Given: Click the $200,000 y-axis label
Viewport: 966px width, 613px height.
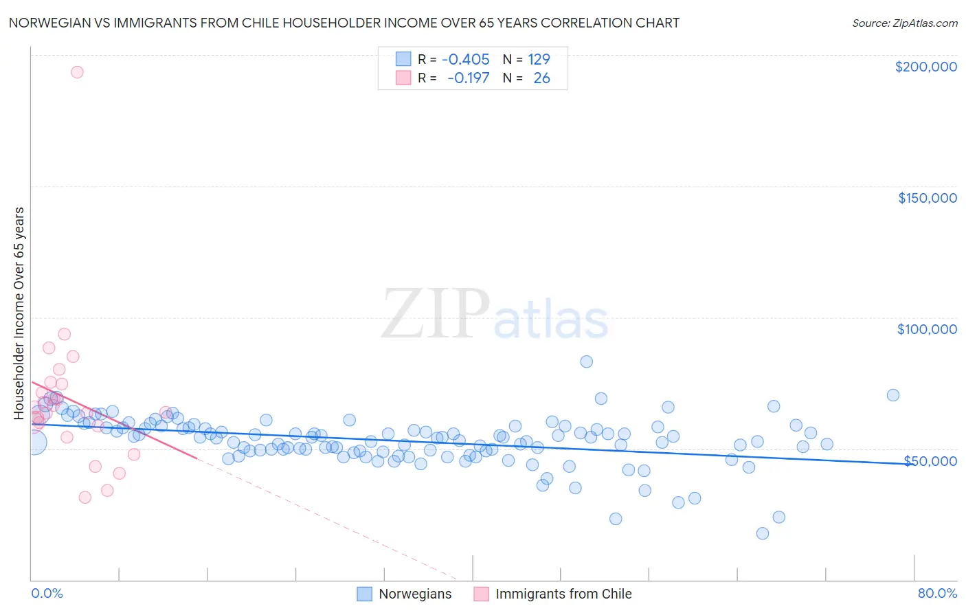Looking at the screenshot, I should (x=925, y=67).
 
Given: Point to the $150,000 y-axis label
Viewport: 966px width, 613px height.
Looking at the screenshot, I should (x=927, y=198).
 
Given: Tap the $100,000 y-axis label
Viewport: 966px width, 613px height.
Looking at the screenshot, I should (x=927, y=329).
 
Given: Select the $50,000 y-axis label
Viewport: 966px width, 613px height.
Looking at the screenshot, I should (x=930, y=461).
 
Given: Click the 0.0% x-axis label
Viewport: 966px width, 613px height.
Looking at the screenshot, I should (x=47, y=593).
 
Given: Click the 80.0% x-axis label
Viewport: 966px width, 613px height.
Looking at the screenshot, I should (x=937, y=593).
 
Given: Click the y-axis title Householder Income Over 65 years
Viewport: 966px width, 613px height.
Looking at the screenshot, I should (x=19, y=313).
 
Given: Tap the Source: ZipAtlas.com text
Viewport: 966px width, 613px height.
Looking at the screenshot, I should (x=904, y=23).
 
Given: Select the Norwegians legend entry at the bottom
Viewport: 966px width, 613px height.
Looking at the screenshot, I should (x=414, y=594).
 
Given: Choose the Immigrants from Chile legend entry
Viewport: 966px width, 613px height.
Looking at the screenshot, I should (x=563, y=594).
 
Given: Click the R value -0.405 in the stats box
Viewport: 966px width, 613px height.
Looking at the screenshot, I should (x=465, y=59).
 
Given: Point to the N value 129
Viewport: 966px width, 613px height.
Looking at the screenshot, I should (x=539, y=59).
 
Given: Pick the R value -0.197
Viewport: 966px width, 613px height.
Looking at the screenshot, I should (x=468, y=78).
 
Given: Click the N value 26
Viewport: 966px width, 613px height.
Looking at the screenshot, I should (x=541, y=78).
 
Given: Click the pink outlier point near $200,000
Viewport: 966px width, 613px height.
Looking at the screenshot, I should (x=77, y=72).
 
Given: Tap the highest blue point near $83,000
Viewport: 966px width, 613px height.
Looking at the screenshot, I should (x=586, y=361).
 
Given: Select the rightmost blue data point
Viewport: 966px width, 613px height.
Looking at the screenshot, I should (x=892, y=395).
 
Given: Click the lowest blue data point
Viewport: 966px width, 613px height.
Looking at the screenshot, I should (x=762, y=533).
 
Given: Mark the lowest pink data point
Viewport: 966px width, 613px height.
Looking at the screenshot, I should (x=85, y=498).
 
